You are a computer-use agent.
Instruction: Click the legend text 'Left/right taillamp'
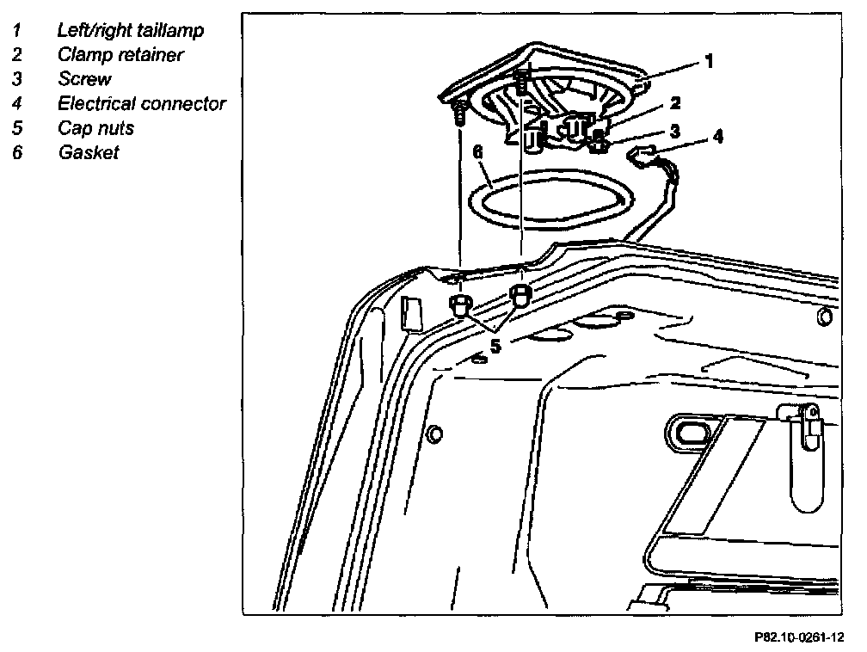(131, 30)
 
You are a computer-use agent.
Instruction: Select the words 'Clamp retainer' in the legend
(120, 54)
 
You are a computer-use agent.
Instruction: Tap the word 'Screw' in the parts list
(84, 79)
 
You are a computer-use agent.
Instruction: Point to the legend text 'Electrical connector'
(142, 104)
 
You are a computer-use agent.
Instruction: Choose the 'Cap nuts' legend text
(95, 128)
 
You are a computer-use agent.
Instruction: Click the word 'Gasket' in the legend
(88, 153)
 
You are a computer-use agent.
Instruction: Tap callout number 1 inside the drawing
(709, 61)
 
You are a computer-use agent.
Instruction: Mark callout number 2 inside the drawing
(675, 104)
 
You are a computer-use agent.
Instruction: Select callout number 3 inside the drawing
(675, 132)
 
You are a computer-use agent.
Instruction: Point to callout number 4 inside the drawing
(717, 135)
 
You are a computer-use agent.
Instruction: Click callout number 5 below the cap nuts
(495, 348)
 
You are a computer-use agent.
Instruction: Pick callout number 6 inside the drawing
(478, 153)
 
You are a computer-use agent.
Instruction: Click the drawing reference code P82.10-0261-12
(799, 637)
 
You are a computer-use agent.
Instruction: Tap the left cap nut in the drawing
(460, 304)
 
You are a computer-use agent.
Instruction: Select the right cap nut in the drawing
(520, 295)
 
